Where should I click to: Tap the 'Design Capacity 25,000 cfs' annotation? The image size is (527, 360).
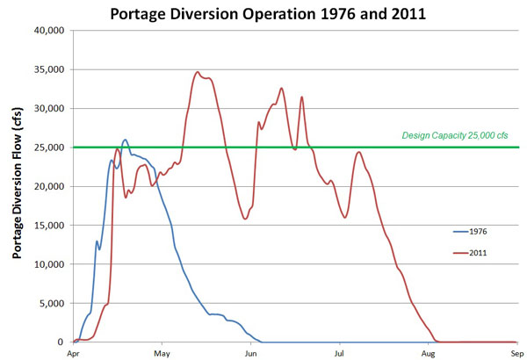point(454,136)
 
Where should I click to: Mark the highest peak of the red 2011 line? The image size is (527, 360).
point(198,72)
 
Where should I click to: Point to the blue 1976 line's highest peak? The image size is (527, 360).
point(125,140)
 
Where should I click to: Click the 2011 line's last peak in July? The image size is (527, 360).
point(358,152)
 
